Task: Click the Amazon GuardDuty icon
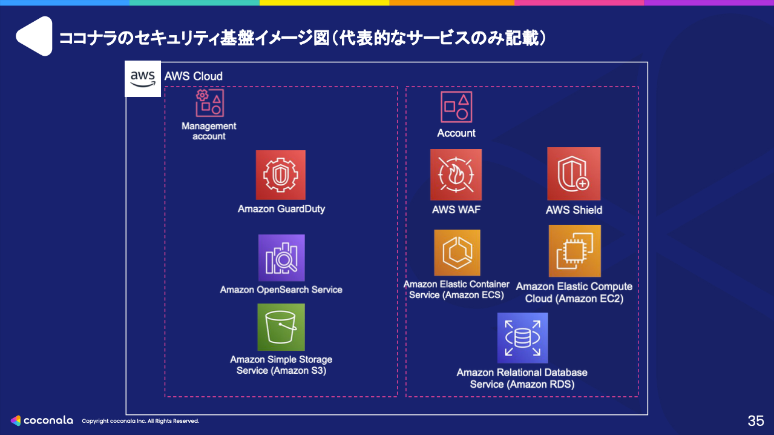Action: [x=280, y=175]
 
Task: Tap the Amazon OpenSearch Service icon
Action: [x=281, y=258]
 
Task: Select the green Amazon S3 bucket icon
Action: [x=281, y=327]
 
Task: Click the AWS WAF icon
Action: [x=456, y=174]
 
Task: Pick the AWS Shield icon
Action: [x=574, y=174]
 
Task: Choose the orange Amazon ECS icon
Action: [x=457, y=253]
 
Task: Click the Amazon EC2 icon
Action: [x=574, y=251]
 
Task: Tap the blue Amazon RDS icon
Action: [x=522, y=338]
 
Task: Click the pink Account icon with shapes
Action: [x=456, y=107]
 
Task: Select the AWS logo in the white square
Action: [x=143, y=79]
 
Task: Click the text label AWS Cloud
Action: [x=194, y=76]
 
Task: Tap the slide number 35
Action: [x=756, y=421]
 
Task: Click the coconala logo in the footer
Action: [x=42, y=420]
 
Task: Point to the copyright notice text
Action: [x=140, y=421]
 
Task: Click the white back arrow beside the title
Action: [x=34, y=36]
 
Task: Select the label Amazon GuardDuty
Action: [x=281, y=209]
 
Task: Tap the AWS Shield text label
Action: [x=574, y=210]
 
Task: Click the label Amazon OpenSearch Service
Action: [x=281, y=290]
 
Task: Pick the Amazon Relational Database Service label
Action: [x=522, y=378]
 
